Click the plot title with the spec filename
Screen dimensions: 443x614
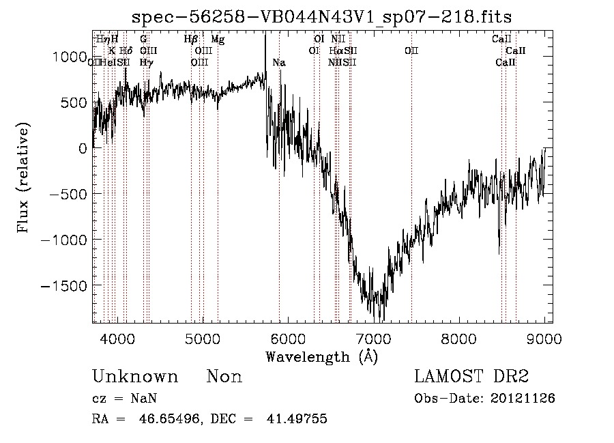tap(321, 17)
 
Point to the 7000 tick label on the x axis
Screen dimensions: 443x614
tap(373, 338)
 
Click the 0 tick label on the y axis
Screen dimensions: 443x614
tap(83, 148)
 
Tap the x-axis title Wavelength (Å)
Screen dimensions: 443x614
tap(321, 356)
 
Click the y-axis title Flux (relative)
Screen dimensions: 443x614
tap(24, 180)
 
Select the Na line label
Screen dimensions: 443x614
tap(279, 63)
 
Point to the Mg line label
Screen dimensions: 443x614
tap(218, 40)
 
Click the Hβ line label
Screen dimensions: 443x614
tap(191, 40)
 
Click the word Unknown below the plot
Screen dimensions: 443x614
tap(134, 377)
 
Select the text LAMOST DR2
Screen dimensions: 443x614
tap(471, 377)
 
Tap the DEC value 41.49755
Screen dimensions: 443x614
tap(295, 419)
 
